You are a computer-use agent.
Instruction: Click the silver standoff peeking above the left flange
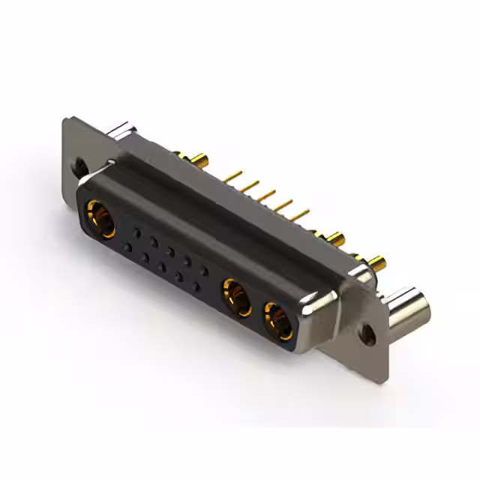tap(120, 133)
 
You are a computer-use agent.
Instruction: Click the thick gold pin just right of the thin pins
tap(334, 239)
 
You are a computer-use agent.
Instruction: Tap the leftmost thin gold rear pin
tap(233, 176)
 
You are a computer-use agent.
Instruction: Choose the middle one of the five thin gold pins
tap(266, 196)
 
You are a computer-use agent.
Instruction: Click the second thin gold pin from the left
tap(250, 185)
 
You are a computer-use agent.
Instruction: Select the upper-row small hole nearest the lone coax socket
tap(136, 232)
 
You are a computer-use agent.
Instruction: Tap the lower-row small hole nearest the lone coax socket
tap(128, 247)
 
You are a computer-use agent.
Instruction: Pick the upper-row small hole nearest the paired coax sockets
tap(205, 271)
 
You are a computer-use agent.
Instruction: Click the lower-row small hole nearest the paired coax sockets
tap(196, 286)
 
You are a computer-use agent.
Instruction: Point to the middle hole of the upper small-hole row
tap(170, 252)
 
